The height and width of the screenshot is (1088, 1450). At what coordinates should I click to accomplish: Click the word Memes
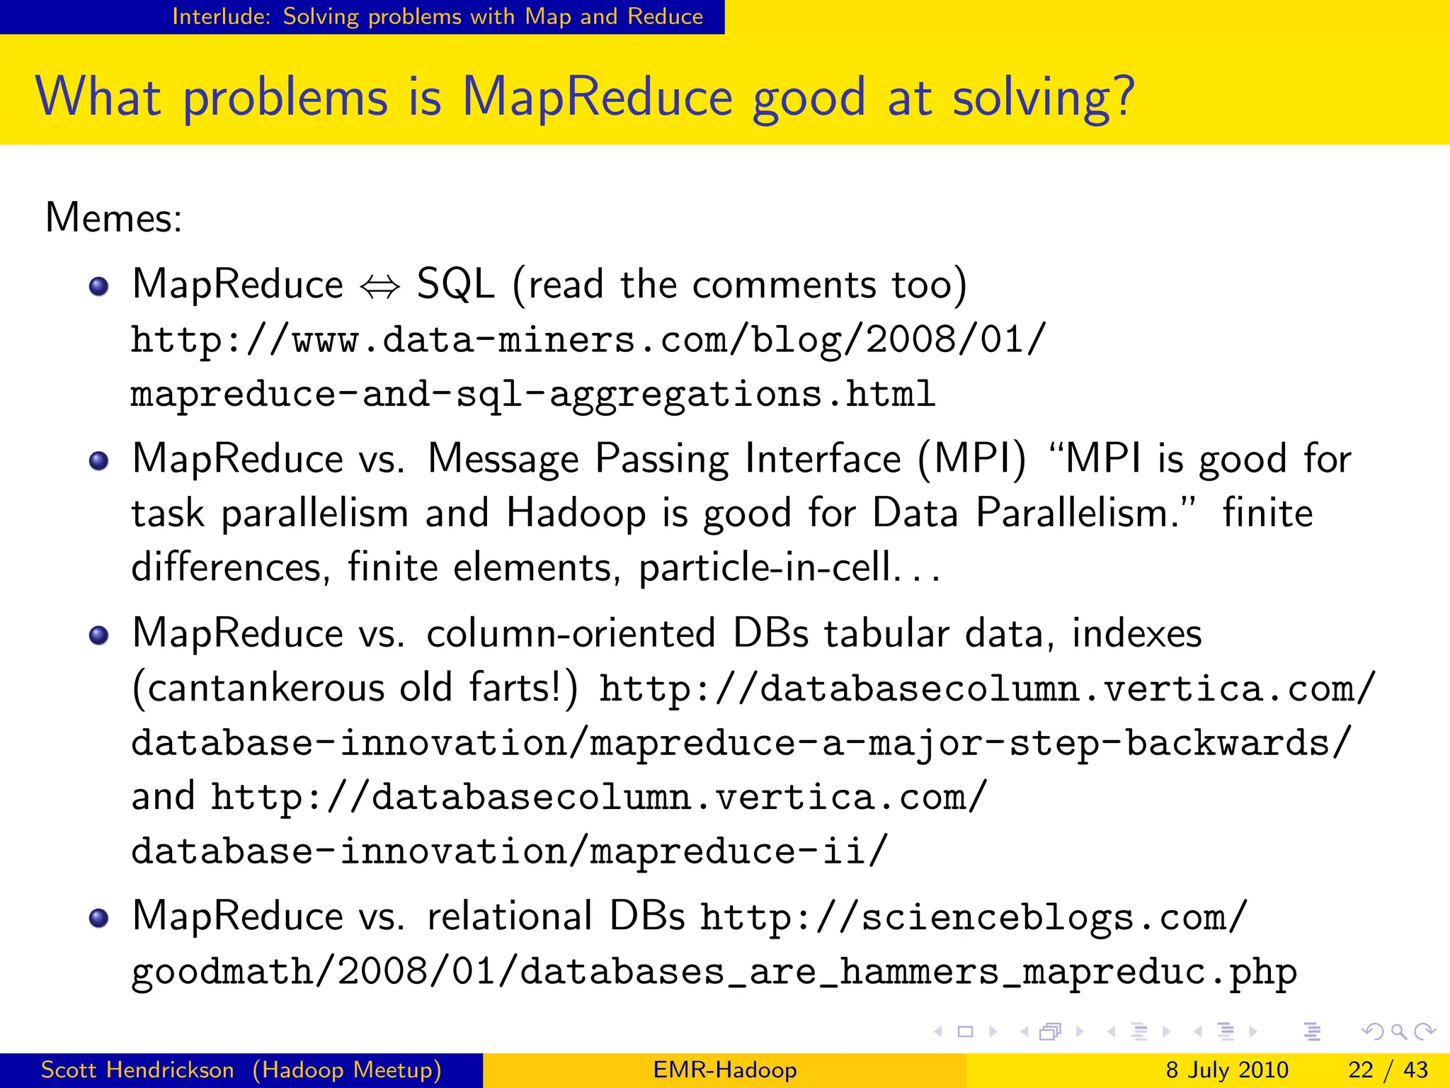pyautogui.click(x=113, y=217)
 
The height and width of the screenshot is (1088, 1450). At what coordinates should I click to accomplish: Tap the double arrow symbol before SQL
pyautogui.click(x=380, y=287)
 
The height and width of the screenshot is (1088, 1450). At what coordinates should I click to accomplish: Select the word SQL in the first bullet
pyautogui.click(x=455, y=285)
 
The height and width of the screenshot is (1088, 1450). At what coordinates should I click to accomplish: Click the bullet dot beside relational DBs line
pyautogui.click(x=99, y=918)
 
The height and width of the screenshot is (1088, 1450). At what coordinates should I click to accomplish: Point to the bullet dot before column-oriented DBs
pyautogui.click(x=99, y=635)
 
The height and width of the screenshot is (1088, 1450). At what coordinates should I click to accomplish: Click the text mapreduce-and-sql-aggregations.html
pyautogui.click(x=532, y=394)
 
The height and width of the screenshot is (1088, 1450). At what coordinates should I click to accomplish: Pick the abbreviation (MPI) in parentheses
pyautogui.click(x=971, y=459)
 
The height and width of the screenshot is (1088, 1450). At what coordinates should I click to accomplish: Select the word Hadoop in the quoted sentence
pyautogui.click(x=576, y=513)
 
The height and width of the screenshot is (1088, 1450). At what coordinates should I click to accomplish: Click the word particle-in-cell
pyautogui.click(x=764, y=567)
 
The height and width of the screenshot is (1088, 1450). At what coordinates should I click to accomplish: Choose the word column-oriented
pyautogui.click(x=571, y=633)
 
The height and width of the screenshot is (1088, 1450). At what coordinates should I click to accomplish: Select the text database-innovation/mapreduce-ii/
pyautogui.click(x=509, y=851)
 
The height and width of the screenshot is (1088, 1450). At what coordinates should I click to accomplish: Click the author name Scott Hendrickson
pyautogui.click(x=137, y=1070)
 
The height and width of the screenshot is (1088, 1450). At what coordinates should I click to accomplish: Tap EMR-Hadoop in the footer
pyautogui.click(x=725, y=1070)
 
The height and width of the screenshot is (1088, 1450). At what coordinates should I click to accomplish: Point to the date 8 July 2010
pyautogui.click(x=1227, y=1070)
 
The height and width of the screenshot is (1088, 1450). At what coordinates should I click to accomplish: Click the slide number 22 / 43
pyautogui.click(x=1388, y=1070)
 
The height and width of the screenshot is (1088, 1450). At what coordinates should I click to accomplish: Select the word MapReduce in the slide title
pyautogui.click(x=597, y=96)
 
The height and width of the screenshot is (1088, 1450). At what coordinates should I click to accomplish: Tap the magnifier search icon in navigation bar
pyautogui.click(x=1398, y=1032)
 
